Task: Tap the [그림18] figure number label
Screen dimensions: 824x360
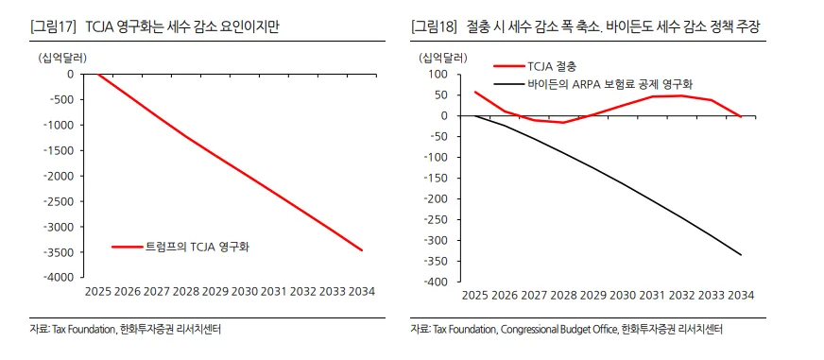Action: point(435,27)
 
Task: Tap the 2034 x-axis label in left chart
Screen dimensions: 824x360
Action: point(362,292)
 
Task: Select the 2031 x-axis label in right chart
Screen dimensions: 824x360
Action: point(652,296)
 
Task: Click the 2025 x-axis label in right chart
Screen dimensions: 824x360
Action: point(474,296)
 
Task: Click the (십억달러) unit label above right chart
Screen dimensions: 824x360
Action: point(442,57)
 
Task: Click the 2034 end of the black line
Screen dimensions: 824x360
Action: point(741,255)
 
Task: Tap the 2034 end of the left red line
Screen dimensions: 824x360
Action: point(362,250)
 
